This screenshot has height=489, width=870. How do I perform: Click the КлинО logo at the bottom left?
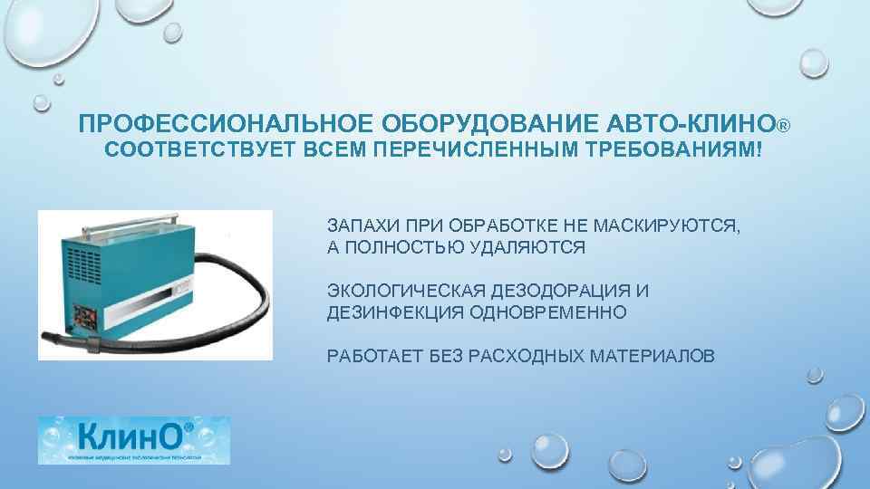(x=133, y=440)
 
